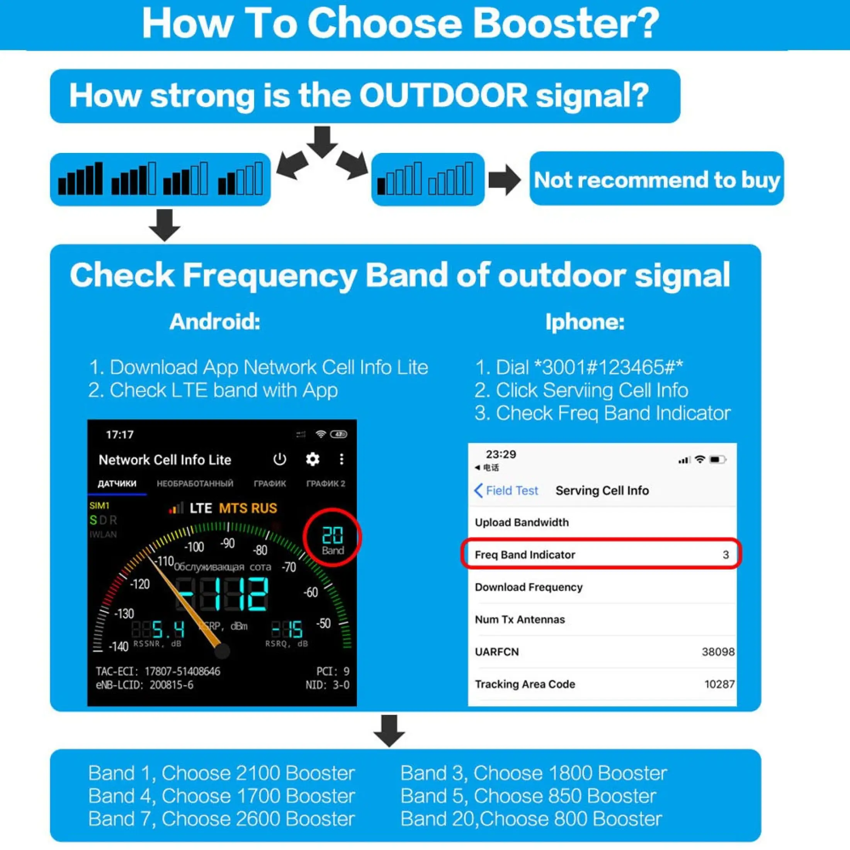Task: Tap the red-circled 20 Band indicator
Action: click(332, 538)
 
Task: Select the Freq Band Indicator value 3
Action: click(726, 555)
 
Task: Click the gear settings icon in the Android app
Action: click(312, 459)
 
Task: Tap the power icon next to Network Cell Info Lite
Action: click(279, 459)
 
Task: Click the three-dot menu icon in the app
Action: click(342, 459)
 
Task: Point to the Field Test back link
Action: click(507, 491)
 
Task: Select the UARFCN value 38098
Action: click(717, 651)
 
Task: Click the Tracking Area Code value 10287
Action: click(719, 684)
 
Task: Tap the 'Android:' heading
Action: click(215, 321)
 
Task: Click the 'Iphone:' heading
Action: click(585, 321)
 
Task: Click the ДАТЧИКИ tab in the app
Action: click(117, 483)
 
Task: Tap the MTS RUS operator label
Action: click(248, 508)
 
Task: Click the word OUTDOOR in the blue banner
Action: click(443, 95)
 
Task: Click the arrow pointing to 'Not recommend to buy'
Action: click(505, 180)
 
